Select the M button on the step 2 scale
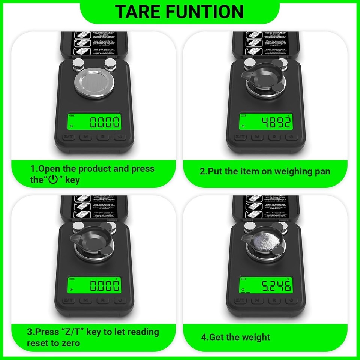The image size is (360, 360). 257,137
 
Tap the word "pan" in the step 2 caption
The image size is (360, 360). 321,171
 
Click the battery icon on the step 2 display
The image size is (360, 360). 244,115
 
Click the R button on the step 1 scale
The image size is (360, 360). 102,137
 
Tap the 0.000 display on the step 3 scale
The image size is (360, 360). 95,287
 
